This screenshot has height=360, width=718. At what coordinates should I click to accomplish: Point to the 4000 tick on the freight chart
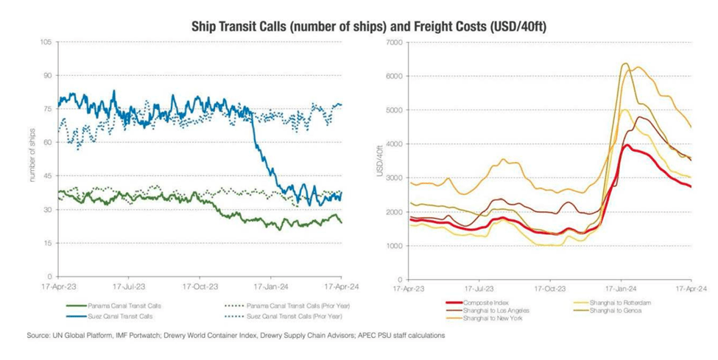pos(392,144)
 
